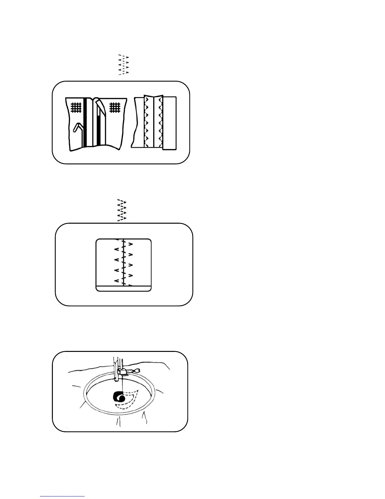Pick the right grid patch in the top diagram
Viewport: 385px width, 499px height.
tap(115, 108)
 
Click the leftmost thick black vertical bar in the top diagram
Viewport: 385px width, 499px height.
tap(85, 123)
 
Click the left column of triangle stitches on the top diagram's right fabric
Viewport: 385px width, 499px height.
tap(146, 121)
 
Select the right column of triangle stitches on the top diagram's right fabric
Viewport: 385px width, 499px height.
tap(160, 121)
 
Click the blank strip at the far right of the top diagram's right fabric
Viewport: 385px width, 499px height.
tap(170, 123)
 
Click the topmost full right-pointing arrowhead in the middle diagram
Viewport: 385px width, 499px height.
tap(131, 244)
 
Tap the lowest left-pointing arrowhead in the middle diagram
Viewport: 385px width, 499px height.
tap(116, 281)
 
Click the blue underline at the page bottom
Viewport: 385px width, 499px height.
tap(62, 496)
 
